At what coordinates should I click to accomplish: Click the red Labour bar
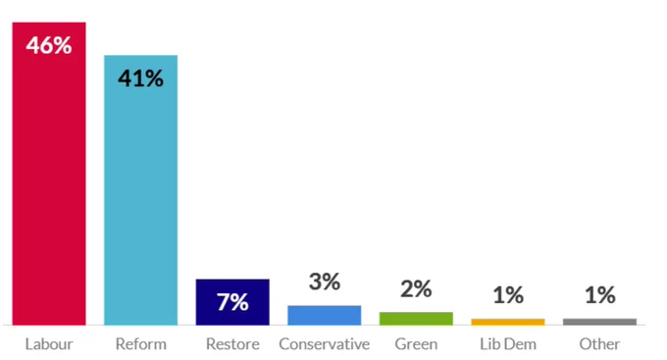[x=49, y=174]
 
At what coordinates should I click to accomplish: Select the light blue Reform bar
[x=141, y=190]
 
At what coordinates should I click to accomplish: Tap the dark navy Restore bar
[x=232, y=302]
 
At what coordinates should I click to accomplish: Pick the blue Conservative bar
[x=325, y=315]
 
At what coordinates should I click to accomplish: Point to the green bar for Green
[x=416, y=319]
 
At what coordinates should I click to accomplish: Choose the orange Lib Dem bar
[x=508, y=322]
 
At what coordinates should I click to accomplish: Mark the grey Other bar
[x=599, y=322]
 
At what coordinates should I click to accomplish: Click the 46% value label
[x=49, y=45]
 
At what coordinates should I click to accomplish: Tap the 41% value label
[x=141, y=78]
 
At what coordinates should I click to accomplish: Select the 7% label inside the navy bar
[x=232, y=302]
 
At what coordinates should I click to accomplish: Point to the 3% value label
[x=325, y=282]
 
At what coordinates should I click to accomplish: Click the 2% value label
[x=416, y=289]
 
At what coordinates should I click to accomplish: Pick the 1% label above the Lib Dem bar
[x=508, y=295]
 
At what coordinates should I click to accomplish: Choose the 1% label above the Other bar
[x=599, y=295]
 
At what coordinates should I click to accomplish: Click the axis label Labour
[x=49, y=344]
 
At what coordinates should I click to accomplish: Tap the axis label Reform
[x=141, y=344]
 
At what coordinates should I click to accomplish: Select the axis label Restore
[x=232, y=344]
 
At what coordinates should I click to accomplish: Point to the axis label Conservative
[x=325, y=344]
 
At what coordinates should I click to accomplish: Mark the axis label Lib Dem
[x=508, y=344]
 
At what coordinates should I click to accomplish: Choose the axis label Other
[x=599, y=344]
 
